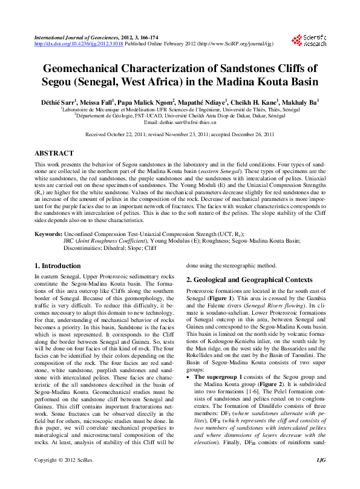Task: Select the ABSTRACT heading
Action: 54,154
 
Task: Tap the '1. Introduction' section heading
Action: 57,266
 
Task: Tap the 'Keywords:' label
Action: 48,232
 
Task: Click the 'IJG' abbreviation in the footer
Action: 321,478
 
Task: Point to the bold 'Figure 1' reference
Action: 218,300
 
